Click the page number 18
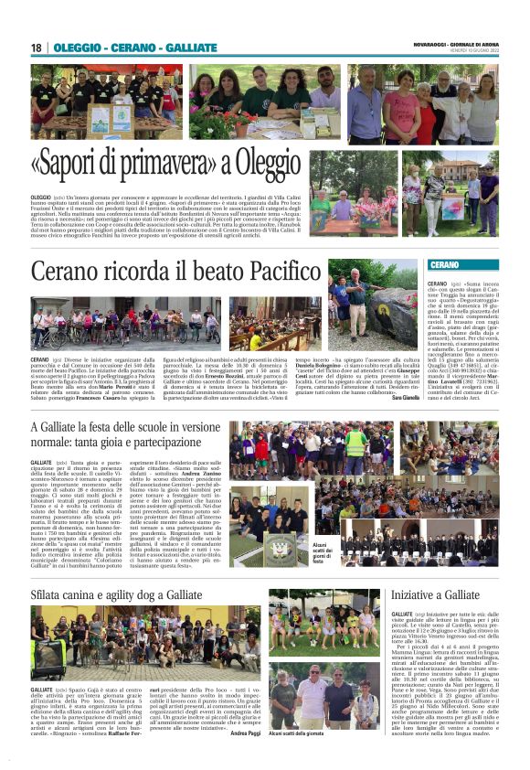pyautogui.click(x=37, y=48)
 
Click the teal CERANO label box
pyautogui.click(x=444, y=265)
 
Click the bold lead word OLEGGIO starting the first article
pyautogui.click(x=41, y=197)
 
